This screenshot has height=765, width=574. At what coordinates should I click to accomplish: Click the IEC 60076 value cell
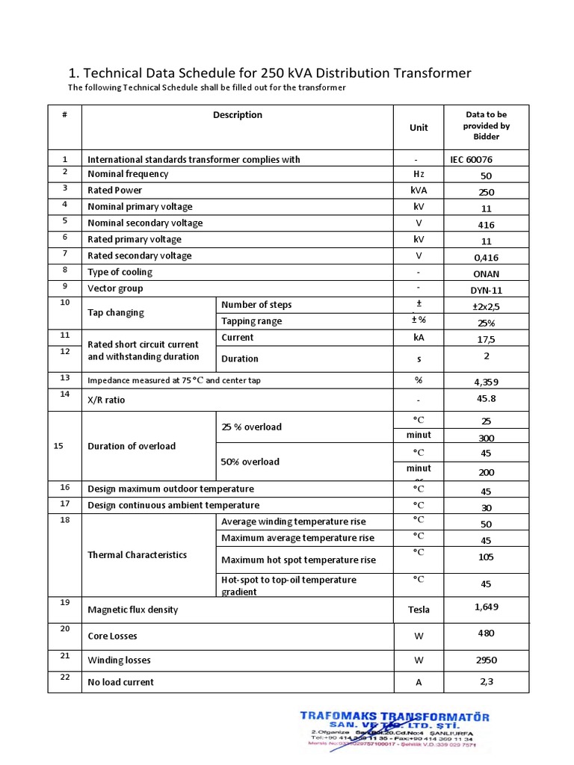point(471,159)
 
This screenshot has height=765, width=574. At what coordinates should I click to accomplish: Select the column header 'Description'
point(238,115)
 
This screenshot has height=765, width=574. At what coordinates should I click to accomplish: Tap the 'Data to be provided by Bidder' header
point(486,126)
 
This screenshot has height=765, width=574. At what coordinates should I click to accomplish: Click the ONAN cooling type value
point(486,273)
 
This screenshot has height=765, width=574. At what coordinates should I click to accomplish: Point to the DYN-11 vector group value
point(486,290)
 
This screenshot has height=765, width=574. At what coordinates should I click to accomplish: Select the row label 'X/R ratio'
point(106,400)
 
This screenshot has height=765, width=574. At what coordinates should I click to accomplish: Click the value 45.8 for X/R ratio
point(486,398)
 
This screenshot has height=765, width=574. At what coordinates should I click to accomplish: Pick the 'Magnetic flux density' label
point(133,610)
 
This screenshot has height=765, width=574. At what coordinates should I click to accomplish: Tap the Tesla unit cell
point(419,610)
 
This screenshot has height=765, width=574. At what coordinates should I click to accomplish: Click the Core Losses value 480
point(486,633)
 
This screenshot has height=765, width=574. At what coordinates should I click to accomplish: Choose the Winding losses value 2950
point(486,660)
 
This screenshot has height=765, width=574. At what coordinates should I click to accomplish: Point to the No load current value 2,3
point(486,681)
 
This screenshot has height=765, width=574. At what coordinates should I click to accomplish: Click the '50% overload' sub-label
point(250,462)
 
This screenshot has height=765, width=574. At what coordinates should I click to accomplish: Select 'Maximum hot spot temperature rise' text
point(298,560)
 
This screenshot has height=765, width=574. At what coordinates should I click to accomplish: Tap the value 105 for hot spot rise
point(486,557)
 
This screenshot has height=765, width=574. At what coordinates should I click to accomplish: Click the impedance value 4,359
point(486,382)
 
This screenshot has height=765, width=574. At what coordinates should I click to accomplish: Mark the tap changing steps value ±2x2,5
point(486,306)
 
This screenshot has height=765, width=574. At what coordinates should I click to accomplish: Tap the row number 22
point(65,677)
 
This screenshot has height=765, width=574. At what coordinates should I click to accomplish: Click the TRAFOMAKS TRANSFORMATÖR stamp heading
point(395,716)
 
